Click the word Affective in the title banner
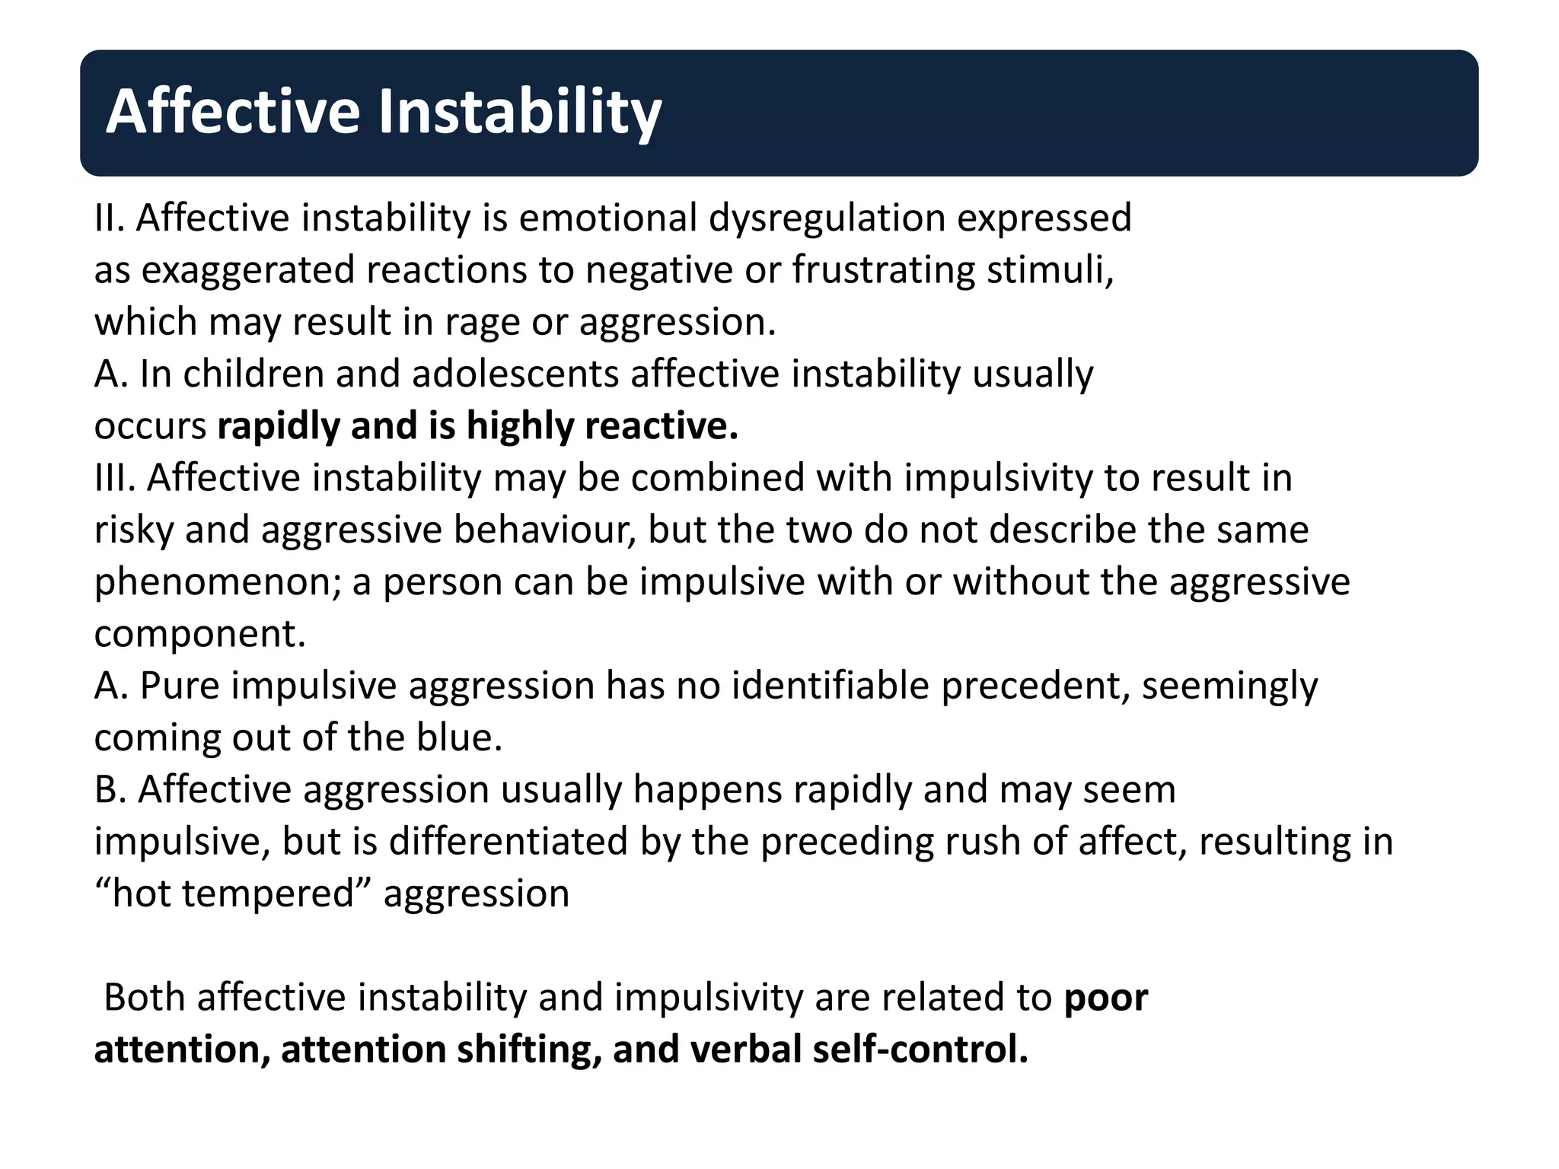pyautogui.click(x=232, y=112)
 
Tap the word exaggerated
pyautogui.click(x=248, y=271)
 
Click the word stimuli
pyautogui.click(x=1050, y=269)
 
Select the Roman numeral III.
pyautogui.click(x=115, y=478)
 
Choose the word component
pyautogui.click(x=199, y=635)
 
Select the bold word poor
pyautogui.click(x=1105, y=998)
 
